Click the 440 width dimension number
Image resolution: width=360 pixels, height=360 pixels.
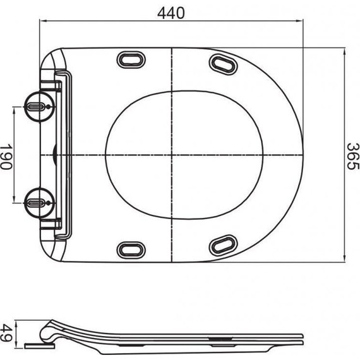coord(171,13)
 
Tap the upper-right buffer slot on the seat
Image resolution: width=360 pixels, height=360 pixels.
coord(222,63)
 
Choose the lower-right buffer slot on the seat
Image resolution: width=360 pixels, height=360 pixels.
coord(222,244)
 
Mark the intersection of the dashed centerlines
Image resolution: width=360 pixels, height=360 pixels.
coord(171,155)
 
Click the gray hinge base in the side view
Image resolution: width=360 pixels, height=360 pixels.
coord(39,345)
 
